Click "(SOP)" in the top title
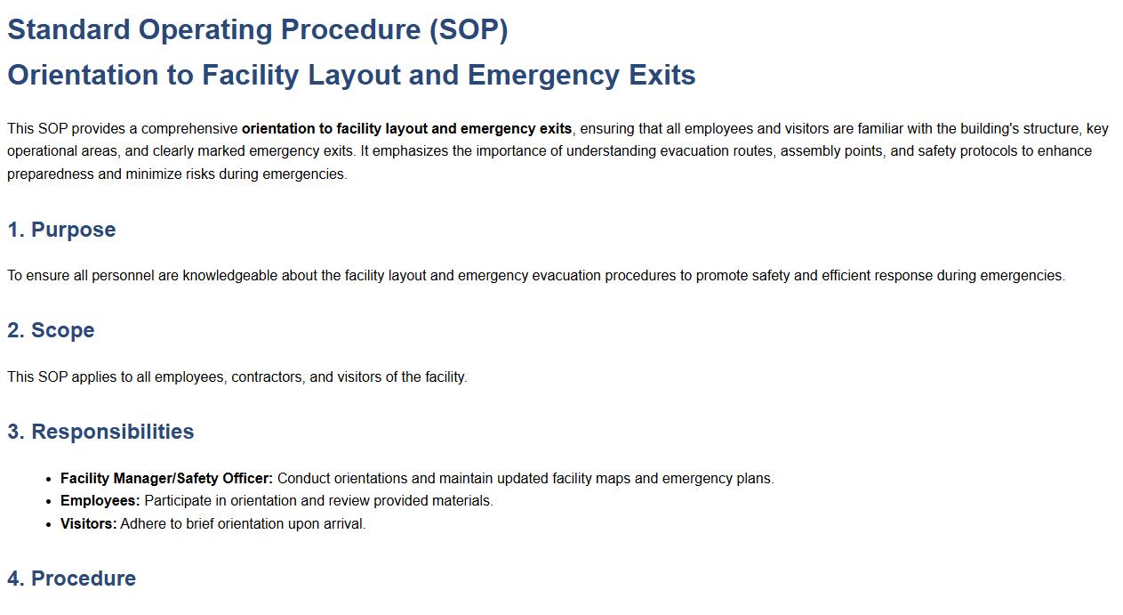pos(468,29)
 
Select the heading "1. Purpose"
pos(61,230)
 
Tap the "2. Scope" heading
pos(51,330)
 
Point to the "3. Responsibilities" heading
pos(100,432)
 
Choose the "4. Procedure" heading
pos(71,579)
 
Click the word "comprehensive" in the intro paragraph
pos(189,129)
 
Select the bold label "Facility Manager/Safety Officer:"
pos(166,479)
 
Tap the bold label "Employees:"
pos(100,501)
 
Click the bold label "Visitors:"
pos(88,524)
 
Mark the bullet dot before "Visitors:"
pos(48,524)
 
